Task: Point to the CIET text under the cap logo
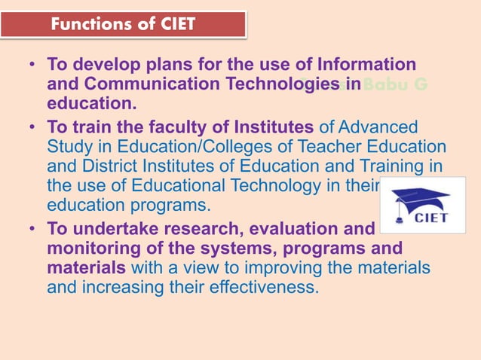point(431,218)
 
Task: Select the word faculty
point(185,126)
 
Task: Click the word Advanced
point(377,126)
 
